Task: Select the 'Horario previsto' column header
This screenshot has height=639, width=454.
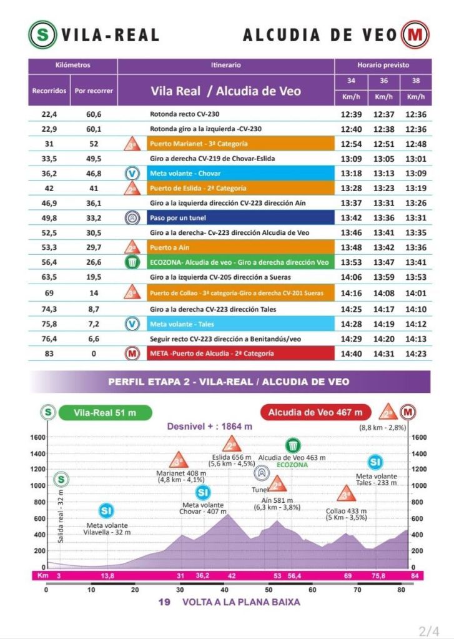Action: coord(383,65)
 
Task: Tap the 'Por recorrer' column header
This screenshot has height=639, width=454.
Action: coord(94,91)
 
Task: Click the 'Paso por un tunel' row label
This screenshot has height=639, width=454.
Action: coord(178,218)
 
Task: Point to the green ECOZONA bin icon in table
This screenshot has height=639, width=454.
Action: coord(132,263)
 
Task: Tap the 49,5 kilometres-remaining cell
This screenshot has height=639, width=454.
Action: coord(94,159)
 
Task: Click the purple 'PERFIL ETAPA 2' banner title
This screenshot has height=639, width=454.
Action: coord(228,382)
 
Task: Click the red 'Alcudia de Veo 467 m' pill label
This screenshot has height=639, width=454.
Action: coord(315,412)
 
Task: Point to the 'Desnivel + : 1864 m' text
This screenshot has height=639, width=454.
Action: coord(209,426)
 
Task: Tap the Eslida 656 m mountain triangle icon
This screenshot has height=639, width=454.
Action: coord(232,445)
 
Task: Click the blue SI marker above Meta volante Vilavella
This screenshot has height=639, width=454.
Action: coord(106,511)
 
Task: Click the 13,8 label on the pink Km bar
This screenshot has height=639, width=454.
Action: coord(107,575)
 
